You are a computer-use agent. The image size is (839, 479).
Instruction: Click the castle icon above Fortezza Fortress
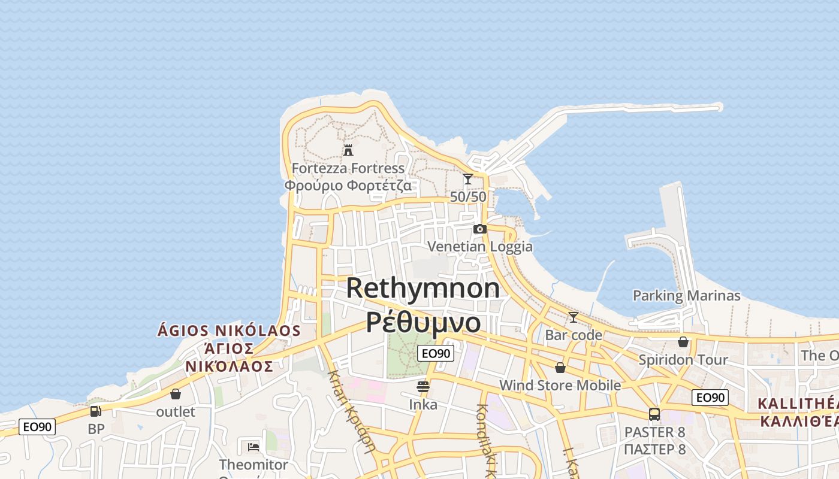click(348, 150)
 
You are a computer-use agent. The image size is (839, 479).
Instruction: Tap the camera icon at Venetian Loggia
click(480, 229)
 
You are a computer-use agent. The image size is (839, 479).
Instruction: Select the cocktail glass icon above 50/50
click(468, 178)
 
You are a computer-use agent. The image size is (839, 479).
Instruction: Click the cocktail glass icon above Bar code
click(574, 317)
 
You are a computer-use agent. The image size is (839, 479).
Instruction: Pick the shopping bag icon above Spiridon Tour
click(683, 342)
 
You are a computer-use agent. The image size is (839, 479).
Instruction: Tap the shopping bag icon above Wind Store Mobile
click(560, 367)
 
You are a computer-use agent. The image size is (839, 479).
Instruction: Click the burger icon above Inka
click(423, 387)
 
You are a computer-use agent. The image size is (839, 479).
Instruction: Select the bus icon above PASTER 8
click(654, 414)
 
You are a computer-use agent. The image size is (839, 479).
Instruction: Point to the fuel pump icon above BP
click(96, 411)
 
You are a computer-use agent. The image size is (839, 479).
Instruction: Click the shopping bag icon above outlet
click(176, 394)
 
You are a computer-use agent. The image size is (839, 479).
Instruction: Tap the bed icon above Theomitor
click(253, 447)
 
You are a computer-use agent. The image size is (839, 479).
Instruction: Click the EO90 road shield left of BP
click(37, 427)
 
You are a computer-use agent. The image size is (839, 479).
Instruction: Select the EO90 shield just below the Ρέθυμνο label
click(436, 353)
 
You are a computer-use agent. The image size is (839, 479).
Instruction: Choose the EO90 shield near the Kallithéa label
click(710, 398)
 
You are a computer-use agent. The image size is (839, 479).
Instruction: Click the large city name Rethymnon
click(423, 289)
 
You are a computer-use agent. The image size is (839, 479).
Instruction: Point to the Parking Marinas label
click(687, 296)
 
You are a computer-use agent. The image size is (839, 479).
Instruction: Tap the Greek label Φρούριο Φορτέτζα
click(348, 185)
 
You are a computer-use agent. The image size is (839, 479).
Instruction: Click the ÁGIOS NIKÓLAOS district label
click(228, 331)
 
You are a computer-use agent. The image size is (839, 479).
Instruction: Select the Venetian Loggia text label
click(480, 246)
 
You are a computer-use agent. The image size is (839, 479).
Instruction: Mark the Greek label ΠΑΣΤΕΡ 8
click(654, 449)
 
